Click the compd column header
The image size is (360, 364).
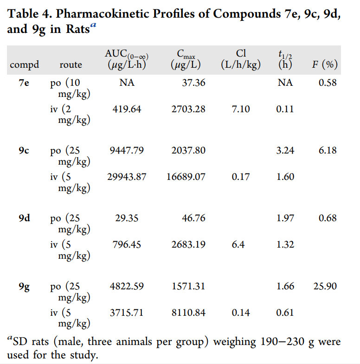[x=24, y=65]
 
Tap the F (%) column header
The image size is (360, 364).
[x=324, y=64]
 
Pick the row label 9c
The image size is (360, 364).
[x=25, y=151]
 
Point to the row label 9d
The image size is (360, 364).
[x=25, y=218]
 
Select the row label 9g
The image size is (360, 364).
[x=25, y=287]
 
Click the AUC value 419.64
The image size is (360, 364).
[x=127, y=109]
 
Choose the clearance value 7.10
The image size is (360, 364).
[x=240, y=109]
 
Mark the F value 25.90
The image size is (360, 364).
[x=325, y=287]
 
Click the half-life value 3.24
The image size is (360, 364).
[x=285, y=151]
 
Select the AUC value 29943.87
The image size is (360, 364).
[x=127, y=177]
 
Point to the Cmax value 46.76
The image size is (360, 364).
[x=193, y=218]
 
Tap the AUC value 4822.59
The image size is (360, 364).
[x=127, y=287]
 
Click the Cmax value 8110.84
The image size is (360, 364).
[x=188, y=313]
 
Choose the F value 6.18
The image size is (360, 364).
[x=328, y=151]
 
